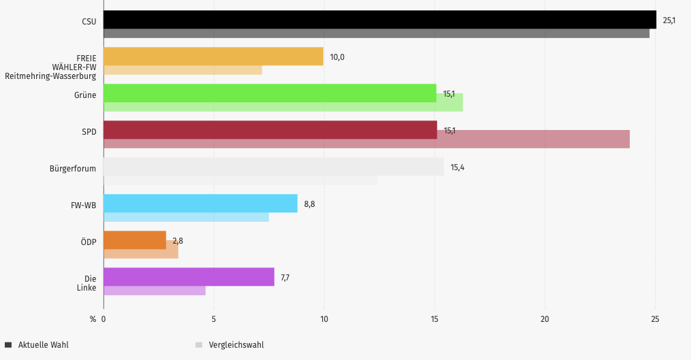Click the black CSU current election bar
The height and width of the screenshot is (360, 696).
379,20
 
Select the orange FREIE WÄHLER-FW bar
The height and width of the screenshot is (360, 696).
213,56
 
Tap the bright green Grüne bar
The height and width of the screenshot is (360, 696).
270,93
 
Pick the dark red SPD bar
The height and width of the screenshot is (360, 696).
270,130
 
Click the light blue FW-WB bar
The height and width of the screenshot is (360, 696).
200,203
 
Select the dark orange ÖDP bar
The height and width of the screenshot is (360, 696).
135,240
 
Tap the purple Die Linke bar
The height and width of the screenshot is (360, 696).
189,277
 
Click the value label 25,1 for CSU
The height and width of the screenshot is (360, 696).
669,20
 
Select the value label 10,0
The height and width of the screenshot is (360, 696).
337,57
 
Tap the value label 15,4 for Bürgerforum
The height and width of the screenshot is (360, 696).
457,167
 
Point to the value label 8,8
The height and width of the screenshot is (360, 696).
309,204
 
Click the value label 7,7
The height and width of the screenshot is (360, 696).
285,278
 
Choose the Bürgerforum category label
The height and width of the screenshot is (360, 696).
73,168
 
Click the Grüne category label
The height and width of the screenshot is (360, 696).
85,95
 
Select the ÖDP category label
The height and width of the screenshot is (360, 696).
88,242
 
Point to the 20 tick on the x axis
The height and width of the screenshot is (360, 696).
545,318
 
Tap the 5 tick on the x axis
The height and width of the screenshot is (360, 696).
214,318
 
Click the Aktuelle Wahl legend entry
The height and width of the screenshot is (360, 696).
43,345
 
